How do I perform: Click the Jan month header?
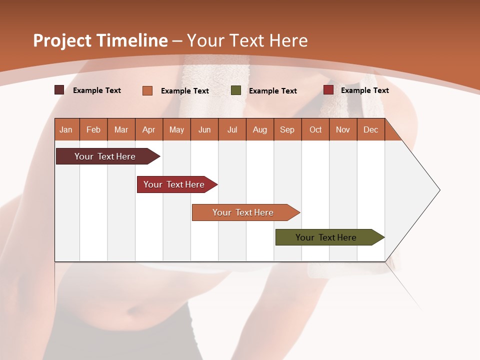pos(66,129)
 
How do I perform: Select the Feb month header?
pos(93,129)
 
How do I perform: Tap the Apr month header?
pos(148,129)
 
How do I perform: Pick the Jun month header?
pos(204,129)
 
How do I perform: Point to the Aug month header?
pos(259,129)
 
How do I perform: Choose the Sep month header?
pos(287,129)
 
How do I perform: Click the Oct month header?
pos(315,129)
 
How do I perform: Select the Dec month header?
pos(370,129)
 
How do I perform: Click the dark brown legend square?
pos(59,90)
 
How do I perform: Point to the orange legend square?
pos(147,90)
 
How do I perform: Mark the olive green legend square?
pos(236,90)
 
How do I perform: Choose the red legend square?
pos(328,90)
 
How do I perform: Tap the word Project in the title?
pos(62,40)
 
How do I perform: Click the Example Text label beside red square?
pos(364,90)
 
